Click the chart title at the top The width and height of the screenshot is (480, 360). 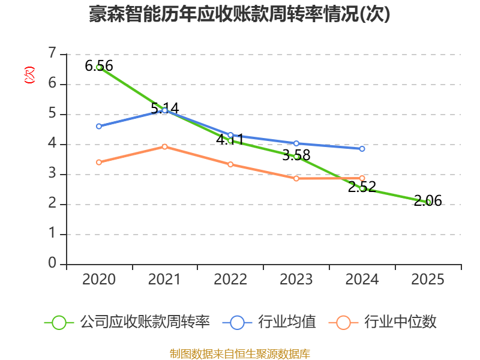[239, 14]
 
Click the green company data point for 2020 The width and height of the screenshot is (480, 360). [99, 67]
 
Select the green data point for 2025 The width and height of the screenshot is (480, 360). [428, 202]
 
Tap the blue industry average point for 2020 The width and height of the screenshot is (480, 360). [99, 126]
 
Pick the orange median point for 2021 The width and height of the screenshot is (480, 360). [164, 146]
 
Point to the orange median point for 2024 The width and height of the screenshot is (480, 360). [362, 178]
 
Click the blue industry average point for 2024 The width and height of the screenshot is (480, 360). [362, 149]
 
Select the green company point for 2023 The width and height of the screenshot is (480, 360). [296, 157]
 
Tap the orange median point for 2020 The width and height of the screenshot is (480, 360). [99, 162]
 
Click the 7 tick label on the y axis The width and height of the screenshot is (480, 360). [52, 54]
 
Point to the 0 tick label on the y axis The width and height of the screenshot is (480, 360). [52, 264]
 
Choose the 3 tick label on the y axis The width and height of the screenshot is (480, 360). [52, 174]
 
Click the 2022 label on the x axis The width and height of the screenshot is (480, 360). [230, 280]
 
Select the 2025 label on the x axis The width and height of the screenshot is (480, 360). [428, 280]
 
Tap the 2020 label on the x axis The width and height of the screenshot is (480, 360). [99, 280]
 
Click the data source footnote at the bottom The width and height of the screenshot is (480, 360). [239, 353]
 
